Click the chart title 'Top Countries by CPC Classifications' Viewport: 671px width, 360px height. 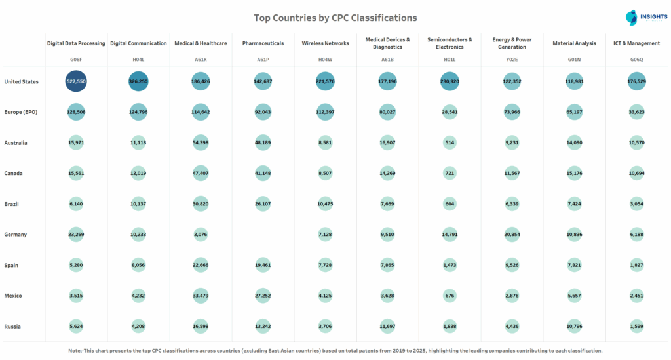335,18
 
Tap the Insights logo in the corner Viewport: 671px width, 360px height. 642,18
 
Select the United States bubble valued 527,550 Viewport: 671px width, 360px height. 76,81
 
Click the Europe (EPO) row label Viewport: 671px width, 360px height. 21,112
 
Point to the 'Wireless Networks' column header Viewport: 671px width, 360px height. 326,43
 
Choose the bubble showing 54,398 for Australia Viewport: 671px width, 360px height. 201,142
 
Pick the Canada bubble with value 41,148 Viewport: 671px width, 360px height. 263,173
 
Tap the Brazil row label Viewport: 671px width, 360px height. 12,204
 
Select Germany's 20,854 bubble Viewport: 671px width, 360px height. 512,234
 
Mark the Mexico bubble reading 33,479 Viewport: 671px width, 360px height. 201,296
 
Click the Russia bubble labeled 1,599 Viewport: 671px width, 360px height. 636,326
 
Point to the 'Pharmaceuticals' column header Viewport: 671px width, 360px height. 263,43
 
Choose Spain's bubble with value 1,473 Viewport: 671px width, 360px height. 450,265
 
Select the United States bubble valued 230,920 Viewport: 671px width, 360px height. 450,81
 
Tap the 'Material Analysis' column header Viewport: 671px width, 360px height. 574,43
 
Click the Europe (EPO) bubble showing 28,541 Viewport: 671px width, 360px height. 450,112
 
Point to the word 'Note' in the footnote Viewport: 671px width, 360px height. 75,351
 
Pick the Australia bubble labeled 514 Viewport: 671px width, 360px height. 450,142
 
